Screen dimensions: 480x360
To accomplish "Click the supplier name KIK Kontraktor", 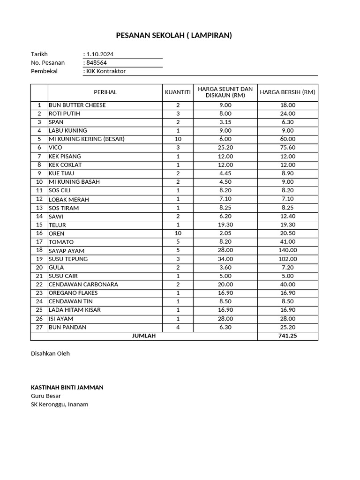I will click(x=106, y=71).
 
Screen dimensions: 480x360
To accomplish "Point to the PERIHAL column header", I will click(x=105, y=92).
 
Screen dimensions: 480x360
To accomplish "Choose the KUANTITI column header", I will click(x=178, y=92).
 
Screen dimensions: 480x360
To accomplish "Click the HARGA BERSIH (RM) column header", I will click(x=287, y=92).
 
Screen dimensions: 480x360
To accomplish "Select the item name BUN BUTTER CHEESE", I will click(x=77, y=105).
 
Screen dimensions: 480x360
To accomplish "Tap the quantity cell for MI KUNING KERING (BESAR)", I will click(x=178, y=139).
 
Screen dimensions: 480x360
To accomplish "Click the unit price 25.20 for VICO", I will click(x=225, y=148).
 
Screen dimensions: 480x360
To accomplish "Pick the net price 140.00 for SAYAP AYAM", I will click(x=287, y=250).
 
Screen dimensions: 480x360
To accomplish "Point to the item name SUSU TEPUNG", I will click(x=68, y=259).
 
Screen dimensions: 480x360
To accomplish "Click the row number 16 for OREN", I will click(x=39, y=233).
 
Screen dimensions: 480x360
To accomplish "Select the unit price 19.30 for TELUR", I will click(x=225, y=225).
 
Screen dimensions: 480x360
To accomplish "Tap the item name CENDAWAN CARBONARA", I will click(x=83, y=285).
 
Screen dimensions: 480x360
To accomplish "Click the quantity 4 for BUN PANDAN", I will click(x=178, y=327).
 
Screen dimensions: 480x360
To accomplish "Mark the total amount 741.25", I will click(x=287, y=336).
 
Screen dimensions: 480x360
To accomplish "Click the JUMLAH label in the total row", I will click(x=144, y=336).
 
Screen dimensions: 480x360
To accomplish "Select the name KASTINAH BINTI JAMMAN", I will click(x=67, y=387).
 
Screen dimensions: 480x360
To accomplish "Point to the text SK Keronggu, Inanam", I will click(x=60, y=404).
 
